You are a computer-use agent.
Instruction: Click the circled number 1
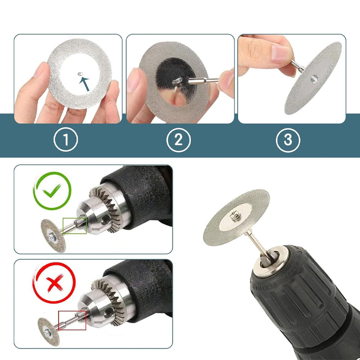coord(66,139)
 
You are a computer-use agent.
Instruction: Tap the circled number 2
coord(178,140)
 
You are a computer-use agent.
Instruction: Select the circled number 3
coord(288,140)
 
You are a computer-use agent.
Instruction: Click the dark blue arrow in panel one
coord(84,84)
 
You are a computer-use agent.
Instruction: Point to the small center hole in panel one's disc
coord(80,74)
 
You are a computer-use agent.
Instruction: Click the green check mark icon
coord(52,191)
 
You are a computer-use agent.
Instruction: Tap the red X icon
coord(54,283)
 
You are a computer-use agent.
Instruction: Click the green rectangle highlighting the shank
coord(75,226)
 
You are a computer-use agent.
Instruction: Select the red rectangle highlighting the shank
coord(72,320)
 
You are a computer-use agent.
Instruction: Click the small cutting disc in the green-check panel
coord(53,236)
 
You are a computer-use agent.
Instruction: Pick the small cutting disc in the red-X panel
coord(49,332)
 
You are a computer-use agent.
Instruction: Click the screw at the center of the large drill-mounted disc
coord(235,216)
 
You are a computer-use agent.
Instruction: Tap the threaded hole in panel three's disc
coord(314,79)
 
